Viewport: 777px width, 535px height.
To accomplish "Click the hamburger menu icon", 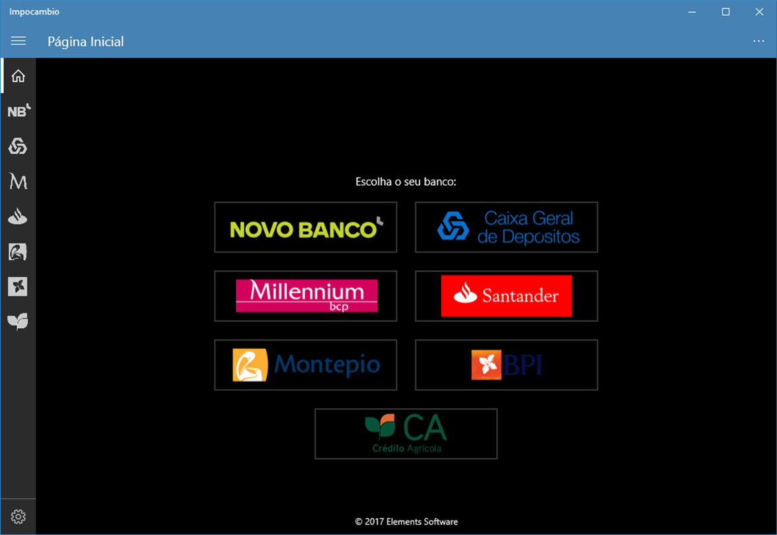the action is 18,41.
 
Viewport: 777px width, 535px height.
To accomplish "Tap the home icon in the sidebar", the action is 18,76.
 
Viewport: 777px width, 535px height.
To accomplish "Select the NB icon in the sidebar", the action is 18,111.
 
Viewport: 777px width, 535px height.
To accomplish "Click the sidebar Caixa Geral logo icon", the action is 18,146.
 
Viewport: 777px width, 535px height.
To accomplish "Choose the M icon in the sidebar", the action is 18,181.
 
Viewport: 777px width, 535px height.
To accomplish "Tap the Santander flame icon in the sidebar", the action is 18,217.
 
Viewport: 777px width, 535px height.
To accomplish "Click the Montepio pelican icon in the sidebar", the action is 18,252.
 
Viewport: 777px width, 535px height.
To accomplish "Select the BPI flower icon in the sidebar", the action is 18,287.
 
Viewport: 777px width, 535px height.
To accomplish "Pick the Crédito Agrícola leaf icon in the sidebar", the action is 18,322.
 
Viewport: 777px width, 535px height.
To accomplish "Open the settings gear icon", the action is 18,517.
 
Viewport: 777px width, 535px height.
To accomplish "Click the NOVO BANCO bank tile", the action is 306,227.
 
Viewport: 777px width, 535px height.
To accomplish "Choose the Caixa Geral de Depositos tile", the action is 506,227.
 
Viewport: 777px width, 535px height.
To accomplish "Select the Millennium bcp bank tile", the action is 306,296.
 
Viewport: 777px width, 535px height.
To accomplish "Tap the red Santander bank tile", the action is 506,296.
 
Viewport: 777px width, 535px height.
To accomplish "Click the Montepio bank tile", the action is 306,365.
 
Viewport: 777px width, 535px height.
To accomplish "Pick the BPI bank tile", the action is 506,365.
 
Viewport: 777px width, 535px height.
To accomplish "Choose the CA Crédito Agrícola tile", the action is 406,434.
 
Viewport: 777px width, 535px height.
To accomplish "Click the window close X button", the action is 759,11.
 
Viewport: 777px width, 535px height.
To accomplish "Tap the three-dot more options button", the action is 758,41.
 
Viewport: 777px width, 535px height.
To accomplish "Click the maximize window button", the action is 725,11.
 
